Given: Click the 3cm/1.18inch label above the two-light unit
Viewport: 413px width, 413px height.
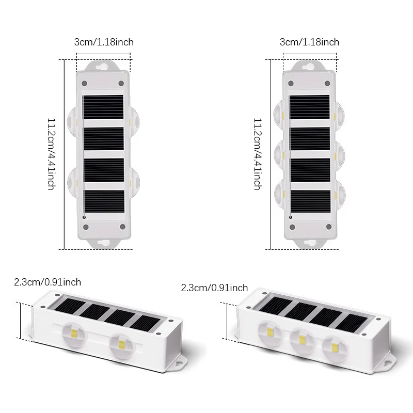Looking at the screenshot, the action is click(x=104, y=42).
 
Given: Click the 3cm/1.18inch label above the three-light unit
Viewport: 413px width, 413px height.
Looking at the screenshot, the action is click(x=309, y=42).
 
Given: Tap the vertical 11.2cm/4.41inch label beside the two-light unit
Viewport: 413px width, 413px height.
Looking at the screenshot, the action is click(x=51, y=154).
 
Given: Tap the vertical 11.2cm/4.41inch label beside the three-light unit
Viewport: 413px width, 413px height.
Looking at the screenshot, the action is click(x=258, y=154).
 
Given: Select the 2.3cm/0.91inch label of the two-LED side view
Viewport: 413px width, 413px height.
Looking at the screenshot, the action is click(x=47, y=282).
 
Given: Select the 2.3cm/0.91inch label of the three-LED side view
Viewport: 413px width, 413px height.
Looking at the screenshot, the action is click(x=214, y=288).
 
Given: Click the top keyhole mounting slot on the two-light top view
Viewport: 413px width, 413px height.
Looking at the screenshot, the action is click(x=102, y=67).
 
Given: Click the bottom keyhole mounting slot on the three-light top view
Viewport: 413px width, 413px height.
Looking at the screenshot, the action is click(x=310, y=243).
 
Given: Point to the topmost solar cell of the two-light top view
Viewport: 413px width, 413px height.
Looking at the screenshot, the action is click(x=103, y=107).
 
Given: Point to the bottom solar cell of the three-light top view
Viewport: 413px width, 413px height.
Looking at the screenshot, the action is click(x=310, y=201).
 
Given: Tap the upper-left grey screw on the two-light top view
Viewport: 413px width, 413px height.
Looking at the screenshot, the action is click(x=84, y=83).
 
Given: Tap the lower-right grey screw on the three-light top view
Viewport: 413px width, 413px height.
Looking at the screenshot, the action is click(x=329, y=227).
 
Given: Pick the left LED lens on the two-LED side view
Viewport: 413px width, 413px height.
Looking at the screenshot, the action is click(x=74, y=334).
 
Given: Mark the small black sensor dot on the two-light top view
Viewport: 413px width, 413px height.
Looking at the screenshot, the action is click(x=84, y=217).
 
